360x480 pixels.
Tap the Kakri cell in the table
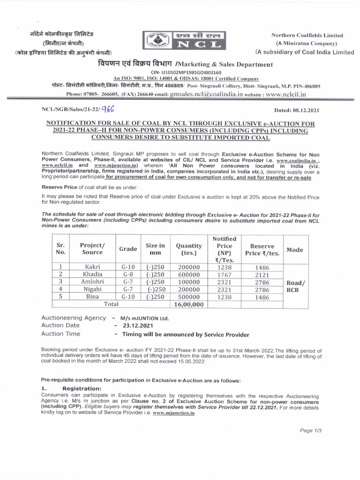[x=92, y=266]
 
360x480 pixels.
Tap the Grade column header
[x=128, y=249]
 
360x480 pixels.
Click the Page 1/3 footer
[x=310, y=430]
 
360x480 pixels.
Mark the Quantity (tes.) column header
[x=188, y=249]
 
